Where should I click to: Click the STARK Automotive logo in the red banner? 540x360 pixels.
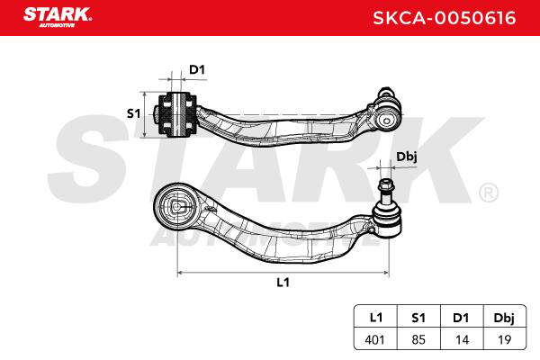[x=58, y=17]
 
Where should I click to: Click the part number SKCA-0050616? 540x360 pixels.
[x=445, y=18]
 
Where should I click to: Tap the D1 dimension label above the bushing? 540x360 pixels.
[x=197, y=70]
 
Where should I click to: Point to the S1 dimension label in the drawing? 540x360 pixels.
[x=133, y=113]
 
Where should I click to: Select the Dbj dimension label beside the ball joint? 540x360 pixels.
[x=407, y=157]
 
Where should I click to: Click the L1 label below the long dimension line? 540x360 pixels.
[x=283, y=283]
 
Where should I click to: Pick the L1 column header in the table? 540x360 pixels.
[x=375, y=318]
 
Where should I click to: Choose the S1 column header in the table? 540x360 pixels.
[x=418, y=318]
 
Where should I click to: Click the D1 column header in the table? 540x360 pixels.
[x=461, y=318]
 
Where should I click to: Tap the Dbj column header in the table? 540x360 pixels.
[x=504, y=319]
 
